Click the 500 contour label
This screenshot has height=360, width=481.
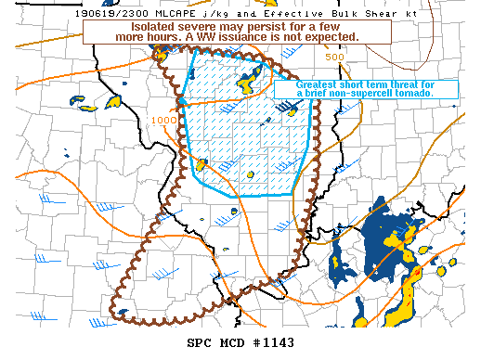click(335, 57)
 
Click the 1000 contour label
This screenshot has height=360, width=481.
click(163, 120)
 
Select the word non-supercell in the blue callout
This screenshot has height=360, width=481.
click(358, 94)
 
